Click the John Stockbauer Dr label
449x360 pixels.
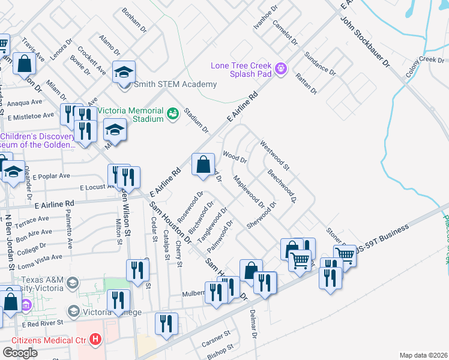pos(365,43)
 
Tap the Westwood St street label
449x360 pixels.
pos(274,154)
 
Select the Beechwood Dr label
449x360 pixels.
pos(282,186)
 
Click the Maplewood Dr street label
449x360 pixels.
pos(249,194)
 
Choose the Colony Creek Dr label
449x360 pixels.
pos(424,60)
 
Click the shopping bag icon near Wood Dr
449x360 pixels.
pos(203,164)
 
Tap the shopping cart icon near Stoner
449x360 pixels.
pos(346,254)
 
